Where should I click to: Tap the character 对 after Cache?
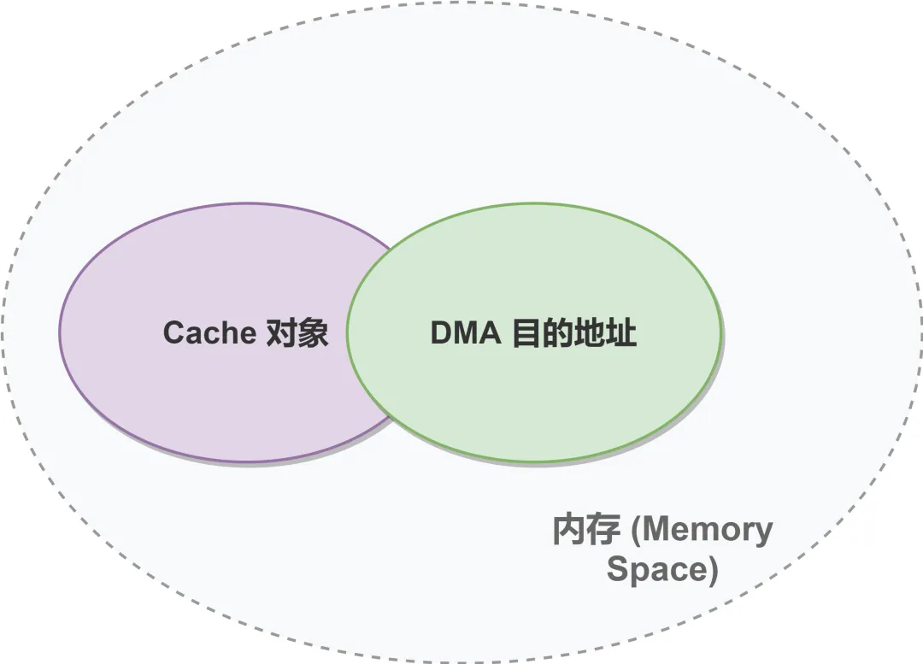(280, 332)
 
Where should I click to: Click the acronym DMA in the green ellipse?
(465, 332)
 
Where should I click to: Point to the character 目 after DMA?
(526, 332)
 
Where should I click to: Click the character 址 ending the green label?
(622, 332)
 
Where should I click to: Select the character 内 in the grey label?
(569, 531)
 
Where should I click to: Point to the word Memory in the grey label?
(708, 532)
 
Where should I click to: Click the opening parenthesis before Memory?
(634, 532)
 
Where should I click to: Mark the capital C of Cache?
(173, 332)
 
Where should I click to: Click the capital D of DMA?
(441, 332)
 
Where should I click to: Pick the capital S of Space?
(616, 569)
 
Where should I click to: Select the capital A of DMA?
(491, 332)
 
